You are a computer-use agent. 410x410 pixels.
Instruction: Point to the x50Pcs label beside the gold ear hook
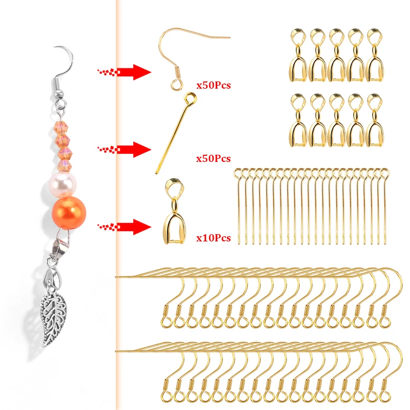click(x=213, y=85)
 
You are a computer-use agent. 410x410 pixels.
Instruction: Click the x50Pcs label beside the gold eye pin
click(x=213, y=159)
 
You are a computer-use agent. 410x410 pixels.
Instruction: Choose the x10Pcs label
click(x=213, y=238)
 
